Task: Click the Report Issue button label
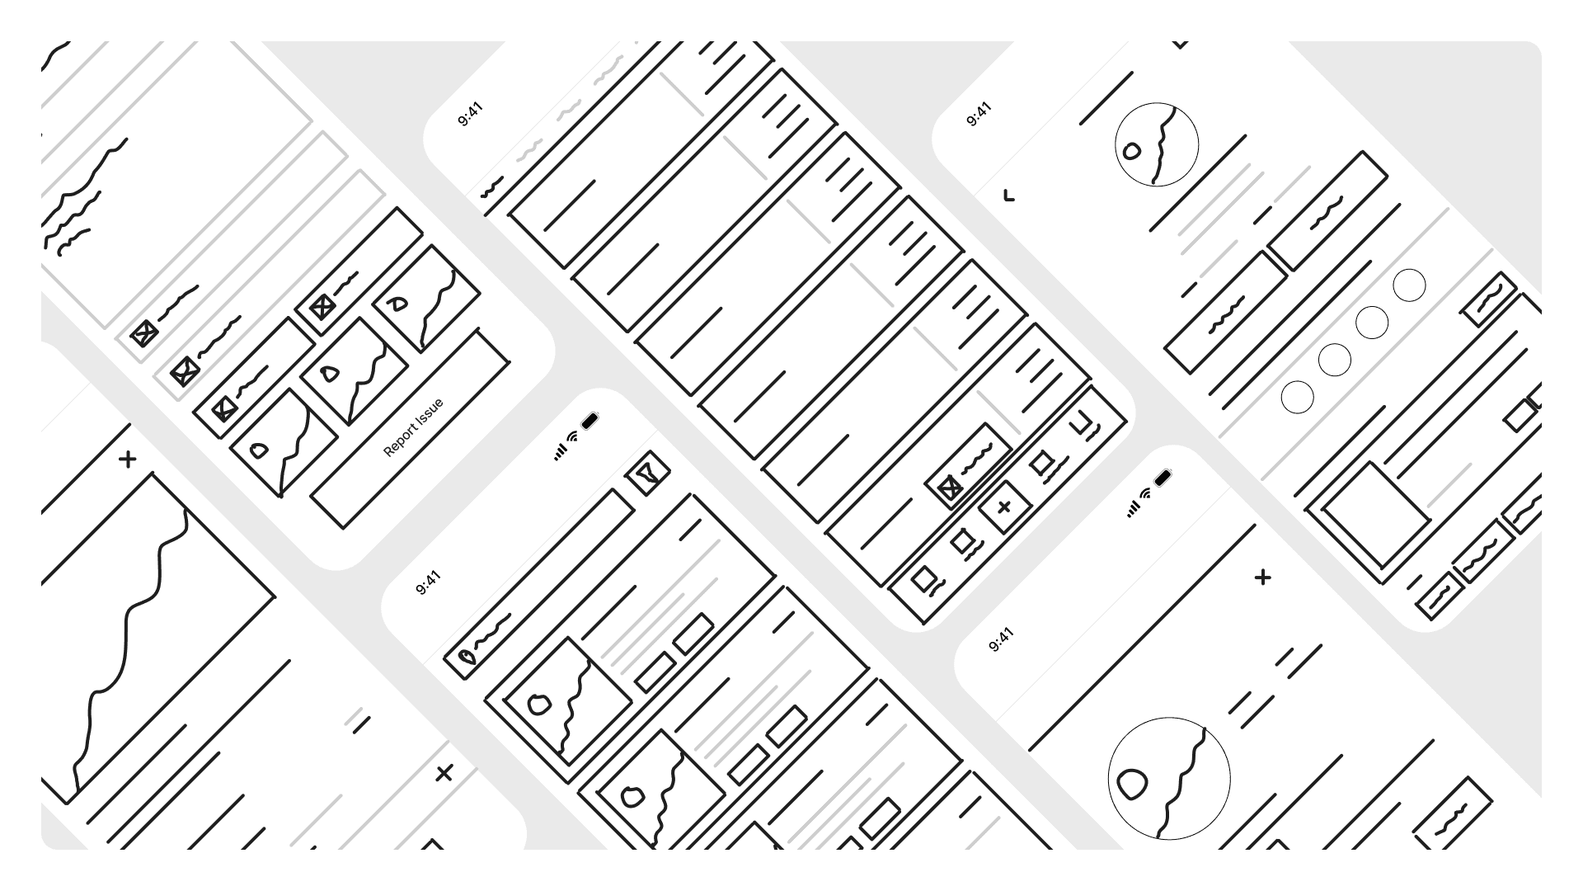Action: point(413,427)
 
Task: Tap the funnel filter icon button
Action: point(648,474)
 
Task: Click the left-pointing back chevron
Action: point(1008,196)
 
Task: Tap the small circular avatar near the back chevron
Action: point(1156,144)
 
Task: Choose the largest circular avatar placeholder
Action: point(1168,778)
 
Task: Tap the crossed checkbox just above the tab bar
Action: point(950,488)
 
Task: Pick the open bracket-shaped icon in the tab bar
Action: point(1082,424)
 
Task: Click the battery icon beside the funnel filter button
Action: point(590,422)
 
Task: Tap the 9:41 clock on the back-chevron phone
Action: point(979,115)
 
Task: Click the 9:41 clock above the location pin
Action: point(428,582)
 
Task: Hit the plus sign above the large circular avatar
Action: point(1262,577)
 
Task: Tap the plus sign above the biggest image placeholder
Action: point(127,459)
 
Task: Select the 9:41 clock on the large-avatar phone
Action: point(1000,639)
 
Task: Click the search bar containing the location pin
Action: point(540,584)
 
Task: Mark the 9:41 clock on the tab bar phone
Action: point(470,115)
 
